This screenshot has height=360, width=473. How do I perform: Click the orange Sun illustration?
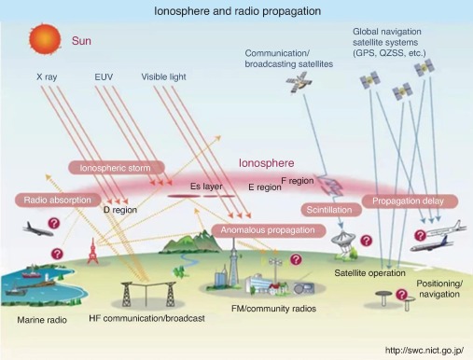(45, 39)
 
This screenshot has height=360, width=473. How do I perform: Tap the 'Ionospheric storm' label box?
(117, 168)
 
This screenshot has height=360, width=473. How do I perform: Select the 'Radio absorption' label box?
(58, 200)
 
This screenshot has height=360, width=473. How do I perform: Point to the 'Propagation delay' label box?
(410, 201)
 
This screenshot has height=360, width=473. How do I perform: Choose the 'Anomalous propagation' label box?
(269, 230)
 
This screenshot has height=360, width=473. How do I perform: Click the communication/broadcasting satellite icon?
(299, 82)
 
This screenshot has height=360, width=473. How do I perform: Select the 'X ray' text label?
(47, 76)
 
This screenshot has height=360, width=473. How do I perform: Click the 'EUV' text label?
(104, 76)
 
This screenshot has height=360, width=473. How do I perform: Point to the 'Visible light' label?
(163, 76)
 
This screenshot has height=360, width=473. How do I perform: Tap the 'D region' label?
(120, 210)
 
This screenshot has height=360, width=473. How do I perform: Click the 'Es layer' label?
(206, 187)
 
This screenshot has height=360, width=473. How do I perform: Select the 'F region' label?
(298, 181)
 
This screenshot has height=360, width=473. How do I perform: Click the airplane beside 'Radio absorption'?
(38, 229)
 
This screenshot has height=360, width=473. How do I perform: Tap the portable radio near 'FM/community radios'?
(304, 288)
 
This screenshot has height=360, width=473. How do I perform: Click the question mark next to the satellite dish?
(367, 241)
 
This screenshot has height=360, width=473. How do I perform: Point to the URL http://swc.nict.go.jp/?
(424, 351)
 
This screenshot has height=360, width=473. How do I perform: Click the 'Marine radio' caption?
(42, 320)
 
